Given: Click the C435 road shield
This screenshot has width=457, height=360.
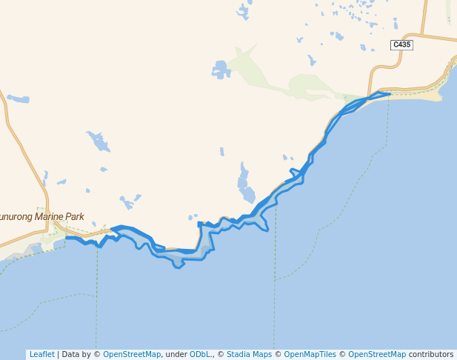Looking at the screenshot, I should click(401, 45).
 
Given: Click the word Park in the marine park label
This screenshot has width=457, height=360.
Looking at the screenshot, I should click(74, 217).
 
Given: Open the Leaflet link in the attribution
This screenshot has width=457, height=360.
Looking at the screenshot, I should click(41, 354).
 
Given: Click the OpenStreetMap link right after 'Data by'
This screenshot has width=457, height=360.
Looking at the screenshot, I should click(132, 354).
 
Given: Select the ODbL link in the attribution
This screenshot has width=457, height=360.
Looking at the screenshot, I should click(200, 354).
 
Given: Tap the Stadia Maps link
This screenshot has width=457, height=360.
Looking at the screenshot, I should click(249, 354).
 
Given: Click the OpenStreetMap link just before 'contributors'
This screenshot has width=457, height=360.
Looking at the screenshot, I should click(377, 354).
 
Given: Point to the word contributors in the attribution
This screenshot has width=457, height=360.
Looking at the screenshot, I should click(430, 354).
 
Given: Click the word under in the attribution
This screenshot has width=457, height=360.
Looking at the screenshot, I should click(176, 354).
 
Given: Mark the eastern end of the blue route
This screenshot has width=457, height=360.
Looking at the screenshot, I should click(390, 94).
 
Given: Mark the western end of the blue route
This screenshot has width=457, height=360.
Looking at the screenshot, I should click(67, 238).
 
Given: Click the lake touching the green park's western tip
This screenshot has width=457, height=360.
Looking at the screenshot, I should click(221, 70).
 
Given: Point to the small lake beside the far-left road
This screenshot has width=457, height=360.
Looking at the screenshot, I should click(18, 99).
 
